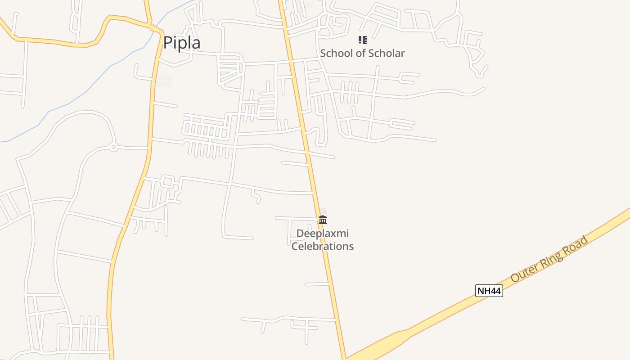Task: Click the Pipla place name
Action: (181, 43)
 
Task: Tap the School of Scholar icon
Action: (362, 40)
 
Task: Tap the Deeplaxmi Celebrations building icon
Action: (323, 220)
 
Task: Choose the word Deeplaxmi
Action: (322, 234)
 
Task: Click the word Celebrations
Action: (322, 246)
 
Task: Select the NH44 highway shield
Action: (489, 291)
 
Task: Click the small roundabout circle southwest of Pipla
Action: (113, 147)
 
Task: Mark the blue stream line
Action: (67, 104)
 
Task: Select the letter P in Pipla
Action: (168, 43)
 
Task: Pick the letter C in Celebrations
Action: (295, 246)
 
